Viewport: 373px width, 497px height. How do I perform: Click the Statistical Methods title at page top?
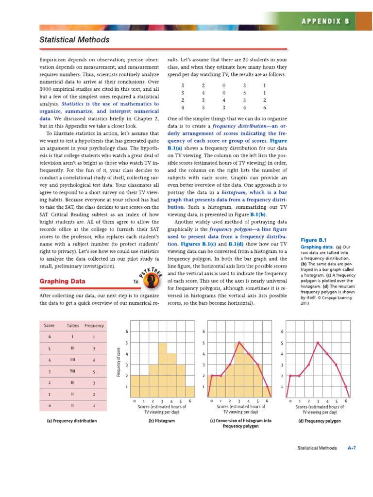(74, 40)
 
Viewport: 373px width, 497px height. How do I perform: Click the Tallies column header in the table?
(73, 325)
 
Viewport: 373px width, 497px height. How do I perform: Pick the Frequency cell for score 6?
(94, 337)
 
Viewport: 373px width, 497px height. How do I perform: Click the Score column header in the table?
(49, 325)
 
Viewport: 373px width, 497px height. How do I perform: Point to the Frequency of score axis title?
(118, 362)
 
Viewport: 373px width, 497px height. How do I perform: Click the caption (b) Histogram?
(161, 421)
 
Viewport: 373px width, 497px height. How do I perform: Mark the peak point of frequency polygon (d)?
(317, 343)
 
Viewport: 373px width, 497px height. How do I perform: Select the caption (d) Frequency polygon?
(319, 421)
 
